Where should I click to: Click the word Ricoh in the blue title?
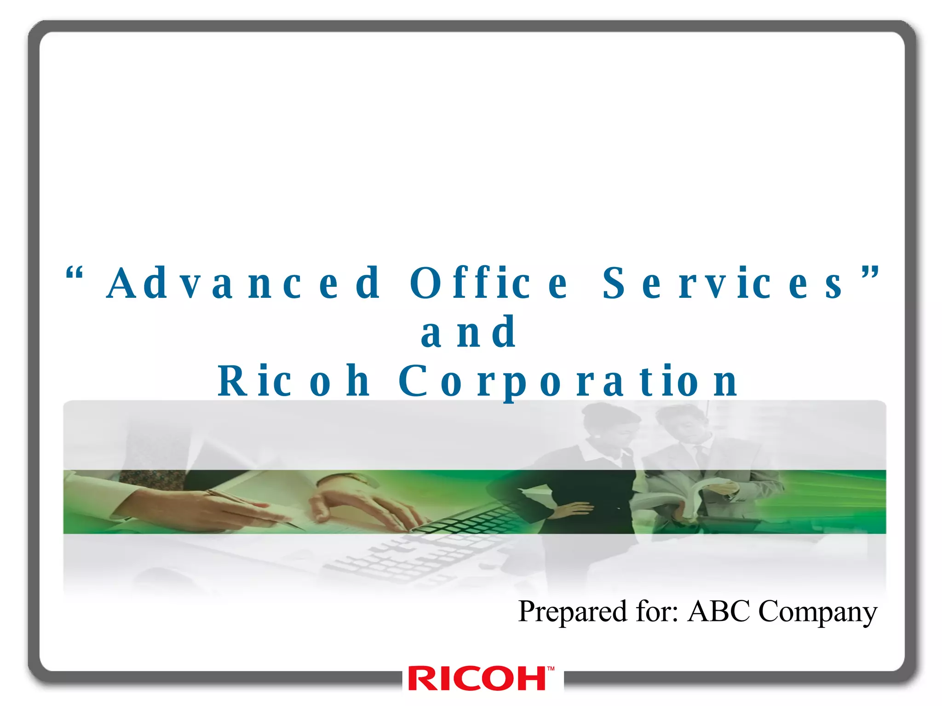coord(294,381)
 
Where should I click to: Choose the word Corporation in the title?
coord(568,381)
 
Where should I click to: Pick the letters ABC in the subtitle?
coord(718,611)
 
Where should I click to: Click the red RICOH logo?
coord(477,679)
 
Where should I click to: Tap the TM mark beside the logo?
coord(551,669)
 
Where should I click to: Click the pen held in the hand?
coord(248,506)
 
